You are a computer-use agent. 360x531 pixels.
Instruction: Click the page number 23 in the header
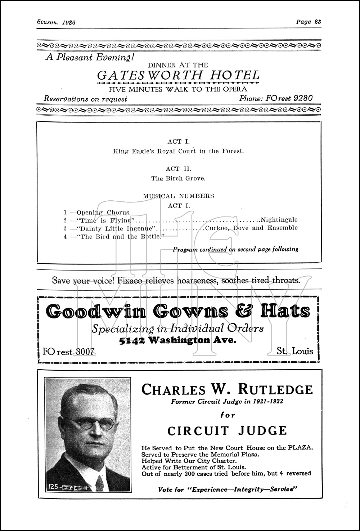(317, 22)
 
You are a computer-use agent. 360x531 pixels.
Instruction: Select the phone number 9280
(303, 98)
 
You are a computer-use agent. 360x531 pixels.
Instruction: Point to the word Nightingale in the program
(279, 219)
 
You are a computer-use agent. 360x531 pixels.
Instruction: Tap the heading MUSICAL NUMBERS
(179, 196)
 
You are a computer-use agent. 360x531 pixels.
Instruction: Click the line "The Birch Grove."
(179, 178)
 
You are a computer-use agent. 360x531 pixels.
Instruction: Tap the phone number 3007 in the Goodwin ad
(84, 352)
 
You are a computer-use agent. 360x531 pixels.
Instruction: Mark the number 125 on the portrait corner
(54, 487)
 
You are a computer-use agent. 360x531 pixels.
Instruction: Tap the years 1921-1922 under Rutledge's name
(264, 402)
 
